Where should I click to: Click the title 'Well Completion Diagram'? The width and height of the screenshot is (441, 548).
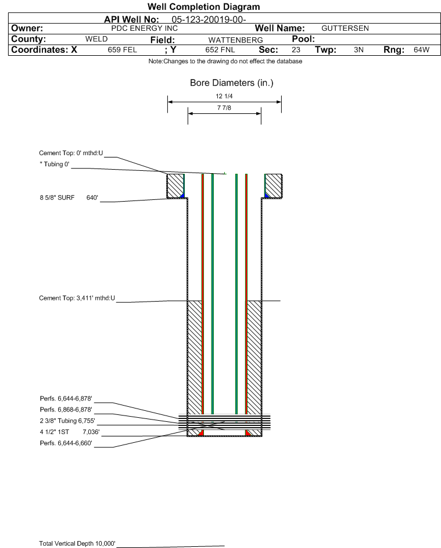point(203,7)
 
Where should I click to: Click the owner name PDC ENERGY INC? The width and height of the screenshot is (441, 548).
point(144,28)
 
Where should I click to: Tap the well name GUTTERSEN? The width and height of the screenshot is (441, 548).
point(345,28)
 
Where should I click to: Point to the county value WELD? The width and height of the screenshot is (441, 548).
point(96,39)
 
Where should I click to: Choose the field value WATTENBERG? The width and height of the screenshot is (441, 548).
point(235,40)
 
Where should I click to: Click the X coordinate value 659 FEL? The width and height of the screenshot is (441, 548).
point(122,50)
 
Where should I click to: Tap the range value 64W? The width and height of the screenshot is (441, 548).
point(421,50)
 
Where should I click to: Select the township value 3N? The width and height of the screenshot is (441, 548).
point(358,50)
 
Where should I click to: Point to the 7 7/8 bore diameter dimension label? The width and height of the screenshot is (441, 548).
point(224,108)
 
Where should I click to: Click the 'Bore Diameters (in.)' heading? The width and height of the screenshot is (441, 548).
point(231,83)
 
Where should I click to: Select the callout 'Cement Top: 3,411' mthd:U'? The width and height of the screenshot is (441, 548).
point(77,298)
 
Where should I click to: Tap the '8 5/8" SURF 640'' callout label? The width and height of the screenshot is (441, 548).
point(69,198)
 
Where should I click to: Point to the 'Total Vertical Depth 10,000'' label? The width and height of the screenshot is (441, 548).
point(77,543)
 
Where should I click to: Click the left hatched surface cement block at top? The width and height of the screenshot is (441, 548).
point(175,186)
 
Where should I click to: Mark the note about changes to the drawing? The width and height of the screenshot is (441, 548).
point(225,62)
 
